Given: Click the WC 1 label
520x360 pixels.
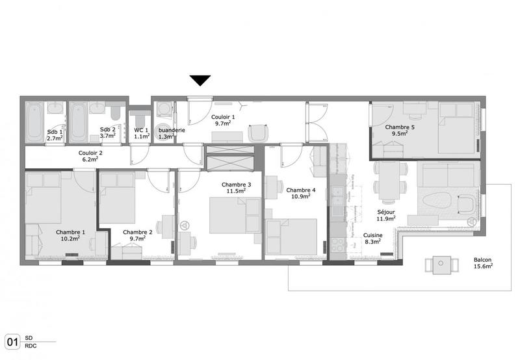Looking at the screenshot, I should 142,129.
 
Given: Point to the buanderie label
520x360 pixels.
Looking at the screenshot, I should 172,130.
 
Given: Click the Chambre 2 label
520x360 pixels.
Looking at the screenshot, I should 137,232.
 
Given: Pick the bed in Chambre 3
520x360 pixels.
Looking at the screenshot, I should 227,215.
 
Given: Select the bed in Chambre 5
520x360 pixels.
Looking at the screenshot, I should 456,129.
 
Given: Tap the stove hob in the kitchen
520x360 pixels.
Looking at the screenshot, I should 339,245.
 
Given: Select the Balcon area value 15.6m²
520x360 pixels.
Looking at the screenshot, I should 483,265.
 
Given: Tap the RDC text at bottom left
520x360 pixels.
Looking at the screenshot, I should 30,346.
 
